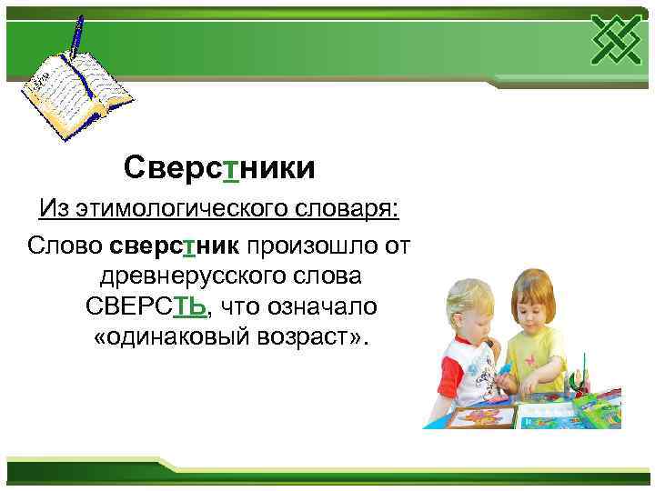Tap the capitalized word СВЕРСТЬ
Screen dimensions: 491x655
(x=146, y=305)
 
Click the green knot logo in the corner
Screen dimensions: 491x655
(x=618, y=40)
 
